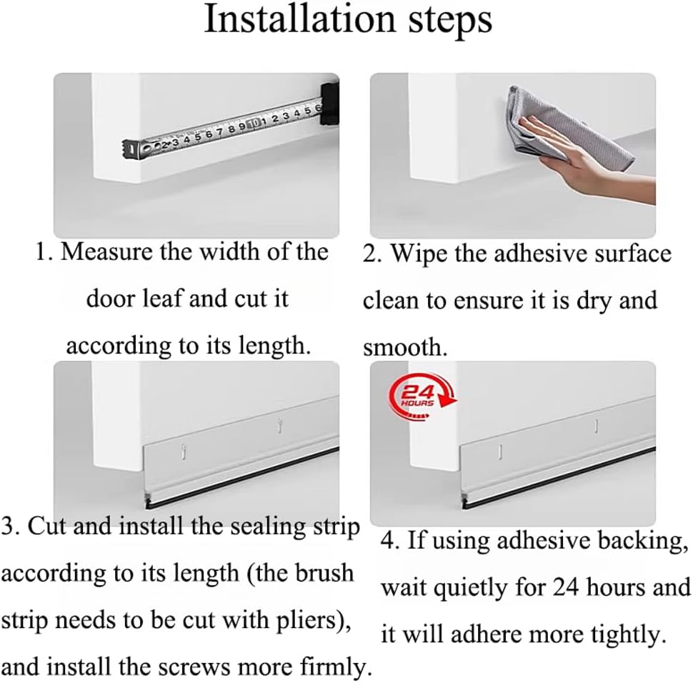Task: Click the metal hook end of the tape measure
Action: (x=130, y=148)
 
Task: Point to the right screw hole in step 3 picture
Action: (x=279, y=427)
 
